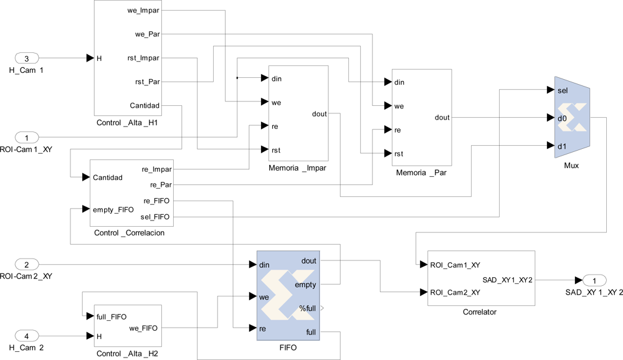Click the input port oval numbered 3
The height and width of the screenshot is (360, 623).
[26, 59]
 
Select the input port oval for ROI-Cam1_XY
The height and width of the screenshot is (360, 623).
[26, 137]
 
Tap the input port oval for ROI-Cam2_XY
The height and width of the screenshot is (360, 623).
[26, 265]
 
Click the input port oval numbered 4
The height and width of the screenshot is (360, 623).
[26, 336]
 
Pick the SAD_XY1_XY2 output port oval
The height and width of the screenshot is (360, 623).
[594, 280]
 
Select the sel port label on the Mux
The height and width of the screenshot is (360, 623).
[563, 90]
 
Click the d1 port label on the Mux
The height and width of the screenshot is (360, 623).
[562, 146]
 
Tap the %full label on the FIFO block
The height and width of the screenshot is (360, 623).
[308, 308]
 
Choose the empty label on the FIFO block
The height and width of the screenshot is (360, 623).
[305, 285]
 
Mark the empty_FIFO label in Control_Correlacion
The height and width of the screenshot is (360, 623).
[113, 209]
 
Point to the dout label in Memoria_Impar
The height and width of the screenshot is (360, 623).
[319, 114]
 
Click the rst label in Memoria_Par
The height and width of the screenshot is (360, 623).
[399, 154]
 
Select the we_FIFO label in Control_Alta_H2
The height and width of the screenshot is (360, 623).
[143, 328]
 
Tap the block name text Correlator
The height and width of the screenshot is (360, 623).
[480, 312]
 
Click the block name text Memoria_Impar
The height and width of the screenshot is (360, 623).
[297, 168]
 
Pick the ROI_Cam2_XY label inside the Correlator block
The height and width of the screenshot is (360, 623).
[455, 292]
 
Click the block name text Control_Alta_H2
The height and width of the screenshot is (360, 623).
[127, 354]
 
